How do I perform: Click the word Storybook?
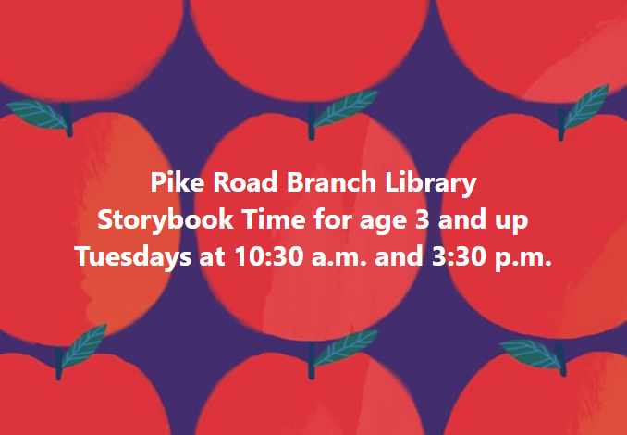(166, 221)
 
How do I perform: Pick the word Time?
(275, 219)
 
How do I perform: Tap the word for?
(334, 219)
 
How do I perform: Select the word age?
(383, 223)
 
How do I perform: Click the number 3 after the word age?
(423, 219)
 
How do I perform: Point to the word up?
(510, 223)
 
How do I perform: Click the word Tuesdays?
(133, 258)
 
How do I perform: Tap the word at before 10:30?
(213, 257)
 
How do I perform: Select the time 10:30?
(268, 256)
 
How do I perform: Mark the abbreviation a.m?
(338, 259)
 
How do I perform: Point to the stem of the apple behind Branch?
(311, 121)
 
